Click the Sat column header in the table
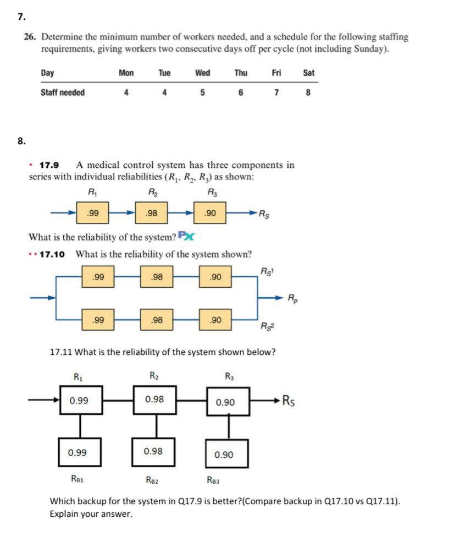[x=308, y=73]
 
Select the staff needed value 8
[x=308, y=92]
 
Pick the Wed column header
[x=203, y=73]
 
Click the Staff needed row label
[x=63, y=92]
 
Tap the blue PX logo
[x=186, y=237]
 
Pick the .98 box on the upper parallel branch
[x=157, y=277]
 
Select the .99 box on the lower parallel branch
[x=98, y=319]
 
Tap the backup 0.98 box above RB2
[x=153, y=451]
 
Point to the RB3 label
[x=213, y=480]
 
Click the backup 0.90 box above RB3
[x=226, y=454]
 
